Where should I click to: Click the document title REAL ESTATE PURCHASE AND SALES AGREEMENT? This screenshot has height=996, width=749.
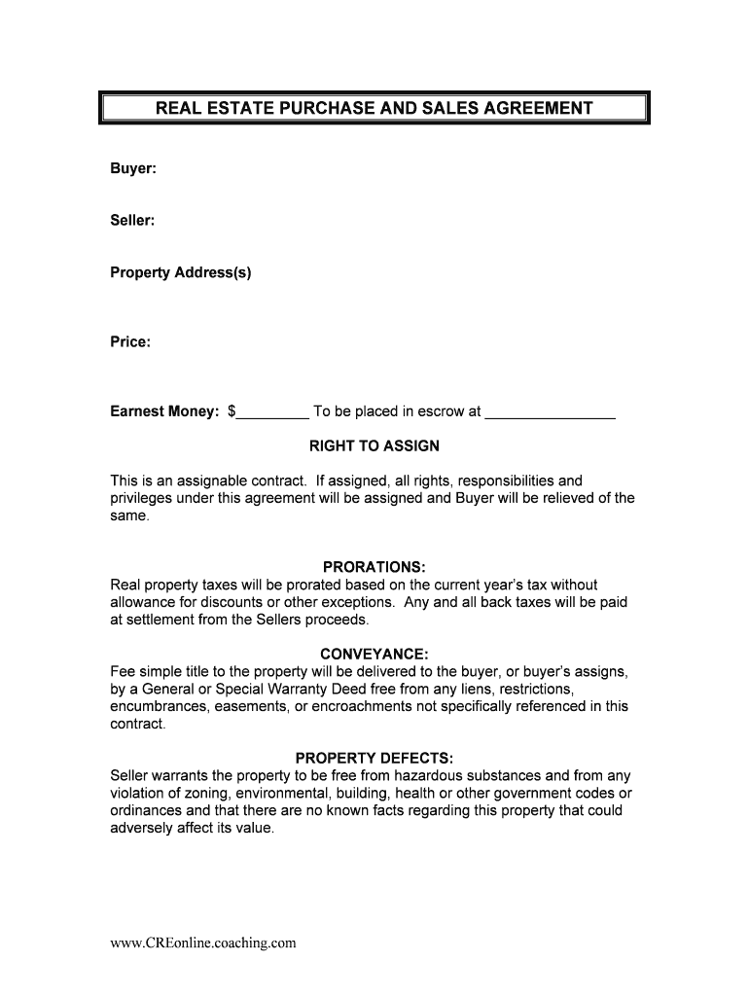(x=374, y=108)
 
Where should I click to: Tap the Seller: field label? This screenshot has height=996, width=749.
(x=133, y=221)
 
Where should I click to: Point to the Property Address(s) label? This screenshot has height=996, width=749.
(x=181, y=272)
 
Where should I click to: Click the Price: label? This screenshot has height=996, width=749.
(x=130, y=341)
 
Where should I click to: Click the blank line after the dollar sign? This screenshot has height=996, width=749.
(x=272, y=414)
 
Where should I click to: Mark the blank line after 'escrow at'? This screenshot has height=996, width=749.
(x=550, y=414)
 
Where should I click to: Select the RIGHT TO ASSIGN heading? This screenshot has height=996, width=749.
(x=374, y=446)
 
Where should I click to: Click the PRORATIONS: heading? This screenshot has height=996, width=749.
(x=374, y=567)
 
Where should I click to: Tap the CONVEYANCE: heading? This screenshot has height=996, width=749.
(x=374, y=654)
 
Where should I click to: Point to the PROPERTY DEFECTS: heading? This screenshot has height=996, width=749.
(x=374, y=758)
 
